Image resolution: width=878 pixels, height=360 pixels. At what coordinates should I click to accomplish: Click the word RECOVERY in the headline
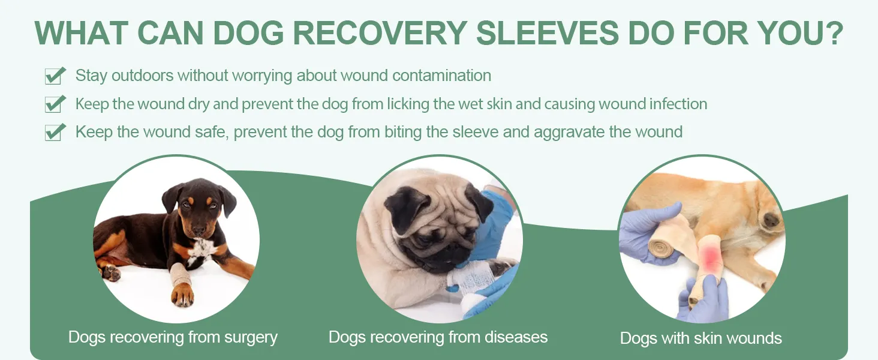click(x=380, y=33)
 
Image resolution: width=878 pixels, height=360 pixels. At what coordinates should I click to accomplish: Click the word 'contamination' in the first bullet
click(x=442, y=75)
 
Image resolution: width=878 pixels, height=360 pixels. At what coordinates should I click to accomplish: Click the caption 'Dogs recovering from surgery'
click(x=173, y=337)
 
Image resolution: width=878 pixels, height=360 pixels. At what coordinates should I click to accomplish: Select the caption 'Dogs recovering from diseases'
click(x=438, y=337)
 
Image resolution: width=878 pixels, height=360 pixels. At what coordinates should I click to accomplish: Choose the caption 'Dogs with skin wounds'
click(x=701, y=338)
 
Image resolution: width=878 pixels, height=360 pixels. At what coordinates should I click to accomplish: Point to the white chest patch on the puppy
click(x=202, y=251)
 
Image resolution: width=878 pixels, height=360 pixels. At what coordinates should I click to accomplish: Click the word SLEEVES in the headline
click(x=547, y=33)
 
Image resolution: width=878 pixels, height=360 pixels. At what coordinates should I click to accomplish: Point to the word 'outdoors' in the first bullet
click(x=142, y=75)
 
